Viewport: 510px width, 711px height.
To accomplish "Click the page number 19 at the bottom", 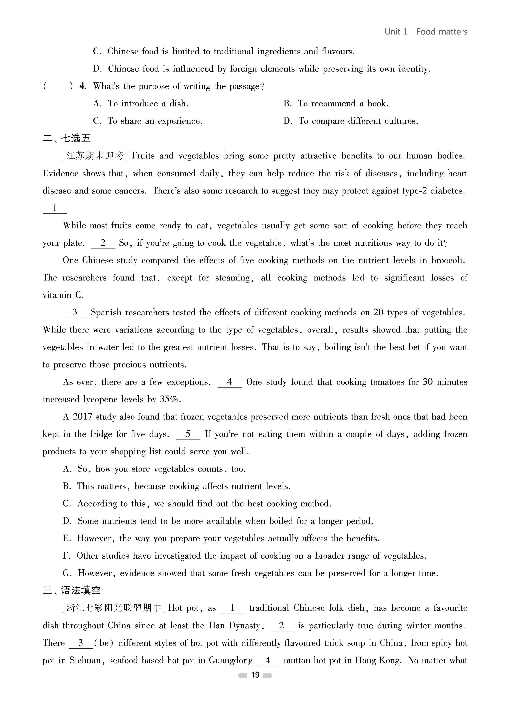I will coord(255,675).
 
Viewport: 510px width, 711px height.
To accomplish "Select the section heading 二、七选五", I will coord(67,138).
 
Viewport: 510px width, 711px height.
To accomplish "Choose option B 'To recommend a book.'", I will coord(336,103).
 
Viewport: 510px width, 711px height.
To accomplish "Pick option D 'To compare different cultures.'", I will coord(351,121).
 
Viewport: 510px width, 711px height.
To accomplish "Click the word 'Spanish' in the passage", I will coord(106,312).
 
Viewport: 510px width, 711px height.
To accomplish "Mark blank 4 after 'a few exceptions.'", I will coord(229,382).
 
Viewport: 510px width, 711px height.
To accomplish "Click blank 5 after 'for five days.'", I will coord(188,434).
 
